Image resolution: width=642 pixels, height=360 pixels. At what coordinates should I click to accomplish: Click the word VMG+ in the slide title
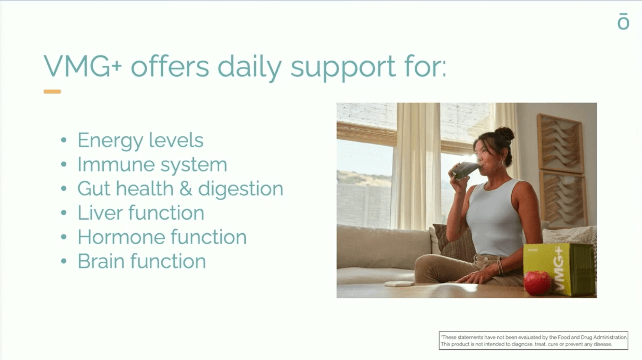(83, 66)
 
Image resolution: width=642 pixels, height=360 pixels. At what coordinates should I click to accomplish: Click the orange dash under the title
(52, 92)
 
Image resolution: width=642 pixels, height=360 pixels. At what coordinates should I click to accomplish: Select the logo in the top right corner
(623, 21)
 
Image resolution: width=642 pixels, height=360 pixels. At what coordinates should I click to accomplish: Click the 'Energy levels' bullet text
(140, 141)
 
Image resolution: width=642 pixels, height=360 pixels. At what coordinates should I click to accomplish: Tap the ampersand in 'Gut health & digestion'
(186, 189)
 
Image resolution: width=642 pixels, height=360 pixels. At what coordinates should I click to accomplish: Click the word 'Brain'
(101, 261)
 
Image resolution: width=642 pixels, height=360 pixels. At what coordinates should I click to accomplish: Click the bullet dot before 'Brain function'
(64, 261)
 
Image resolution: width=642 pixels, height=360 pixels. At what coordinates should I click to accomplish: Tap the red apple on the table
(537, 283)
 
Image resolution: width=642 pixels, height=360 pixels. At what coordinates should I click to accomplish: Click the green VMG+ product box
(559, 270)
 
